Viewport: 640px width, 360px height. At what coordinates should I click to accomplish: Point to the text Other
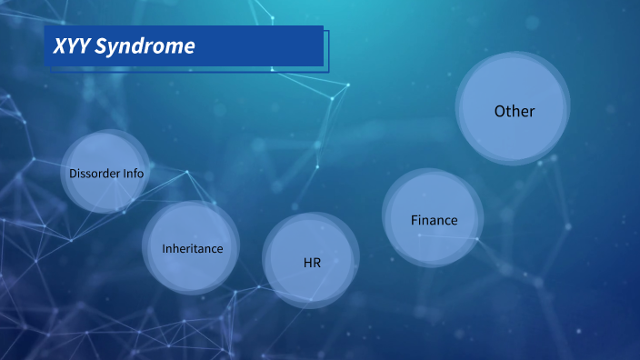point(515,111)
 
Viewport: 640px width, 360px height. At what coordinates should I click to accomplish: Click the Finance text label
point(434,220)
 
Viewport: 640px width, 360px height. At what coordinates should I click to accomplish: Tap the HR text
point(313,263)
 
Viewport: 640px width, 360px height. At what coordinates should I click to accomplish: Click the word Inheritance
point(192,248)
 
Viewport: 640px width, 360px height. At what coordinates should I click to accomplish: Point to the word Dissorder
point(93,173)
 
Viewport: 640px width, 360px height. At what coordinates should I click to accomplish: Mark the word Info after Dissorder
point(132,173)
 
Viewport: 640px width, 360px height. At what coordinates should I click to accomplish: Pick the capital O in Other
point(500,111)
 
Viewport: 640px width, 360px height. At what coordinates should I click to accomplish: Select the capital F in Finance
point(415,220)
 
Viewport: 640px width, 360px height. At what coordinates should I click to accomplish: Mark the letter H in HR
point(307,263)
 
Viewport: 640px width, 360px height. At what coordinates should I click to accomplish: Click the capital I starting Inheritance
point(164,248)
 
